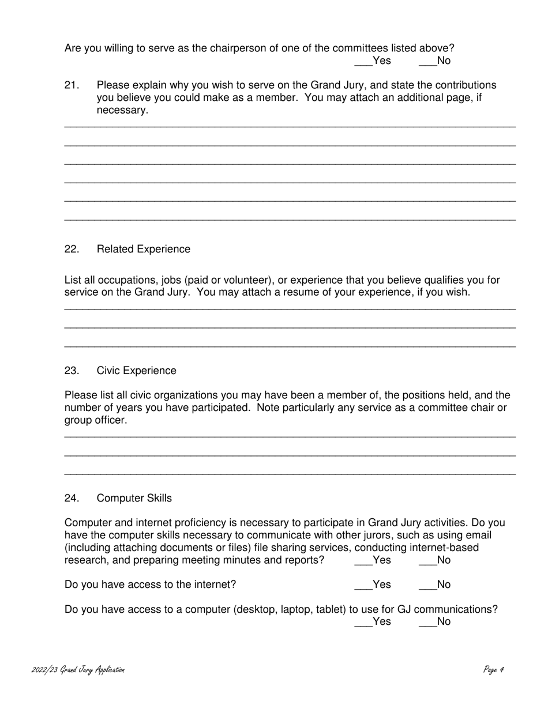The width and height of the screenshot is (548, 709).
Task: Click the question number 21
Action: click(72, 85)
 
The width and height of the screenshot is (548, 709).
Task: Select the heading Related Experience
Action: click(143, 249)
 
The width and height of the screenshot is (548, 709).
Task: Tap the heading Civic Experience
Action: click(136, 371)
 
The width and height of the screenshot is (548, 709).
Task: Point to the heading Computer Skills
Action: click(134, 498)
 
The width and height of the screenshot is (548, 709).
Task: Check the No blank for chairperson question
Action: click(427, 61)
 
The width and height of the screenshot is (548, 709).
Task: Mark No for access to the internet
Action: click(427, 585)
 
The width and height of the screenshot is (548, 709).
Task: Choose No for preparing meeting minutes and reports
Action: click(427, 560)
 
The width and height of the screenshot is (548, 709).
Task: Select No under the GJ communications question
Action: click(427, 622)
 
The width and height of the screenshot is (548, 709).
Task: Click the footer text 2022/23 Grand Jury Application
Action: click(78, 670)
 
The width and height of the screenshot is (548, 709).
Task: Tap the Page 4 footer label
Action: click(494, 670)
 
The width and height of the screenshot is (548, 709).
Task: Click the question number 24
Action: click(72, 498)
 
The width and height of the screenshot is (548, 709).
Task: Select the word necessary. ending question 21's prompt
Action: click(122, 110)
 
